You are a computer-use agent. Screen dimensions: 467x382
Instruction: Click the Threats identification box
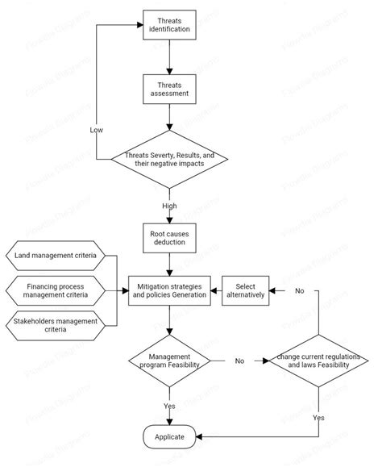(x=169, y=24)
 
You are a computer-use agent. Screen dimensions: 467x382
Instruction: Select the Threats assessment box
(x=169, y=88)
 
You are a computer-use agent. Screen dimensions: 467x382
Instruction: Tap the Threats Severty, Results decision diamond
(x=169, y=158)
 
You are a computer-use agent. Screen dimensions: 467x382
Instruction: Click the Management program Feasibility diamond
(x=169, y=361)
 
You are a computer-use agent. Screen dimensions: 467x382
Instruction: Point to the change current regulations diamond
(x=318, y=361)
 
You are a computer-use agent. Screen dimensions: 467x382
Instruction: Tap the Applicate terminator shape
(x=169, y=436)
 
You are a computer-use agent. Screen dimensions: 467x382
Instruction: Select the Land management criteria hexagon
(x=55, y=255)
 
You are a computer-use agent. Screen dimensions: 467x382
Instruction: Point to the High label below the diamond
(x=169, y=205)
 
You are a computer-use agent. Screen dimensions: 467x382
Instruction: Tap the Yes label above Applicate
(x=169, y=406)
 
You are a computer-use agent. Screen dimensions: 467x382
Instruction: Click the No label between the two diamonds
(x=239, y=361)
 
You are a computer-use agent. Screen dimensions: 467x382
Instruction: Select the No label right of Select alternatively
(x=299, y=290)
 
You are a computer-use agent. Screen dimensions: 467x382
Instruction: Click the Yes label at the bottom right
(x=318, y=418)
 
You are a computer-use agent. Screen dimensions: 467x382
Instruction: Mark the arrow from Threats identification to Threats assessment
(x=169, y=56)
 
